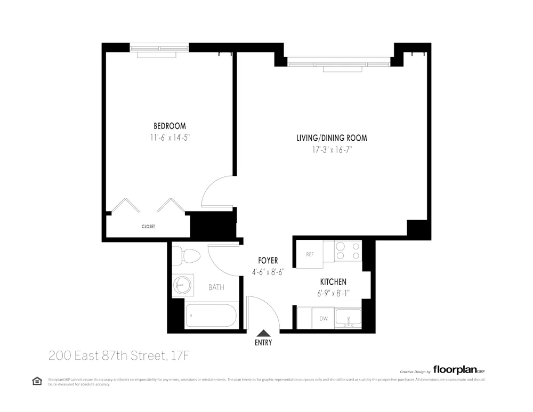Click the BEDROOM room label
coord(169,126)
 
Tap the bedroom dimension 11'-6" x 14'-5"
coord(169,137)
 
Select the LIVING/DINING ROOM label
coord(332,138)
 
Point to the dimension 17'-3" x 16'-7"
coord(332,150)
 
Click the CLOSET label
coord(148,227)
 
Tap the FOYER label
coord(268,261)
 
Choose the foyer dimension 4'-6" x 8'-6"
coord(268,271)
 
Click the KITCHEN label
coord(333,281)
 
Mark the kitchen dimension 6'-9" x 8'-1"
coord(334,293)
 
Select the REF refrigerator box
coord(310,255)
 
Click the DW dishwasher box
coord(323,319)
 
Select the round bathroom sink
coord(182,285)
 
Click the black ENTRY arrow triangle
coord(263,333)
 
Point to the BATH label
coord(216,287)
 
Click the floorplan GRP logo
coord(458,369)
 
